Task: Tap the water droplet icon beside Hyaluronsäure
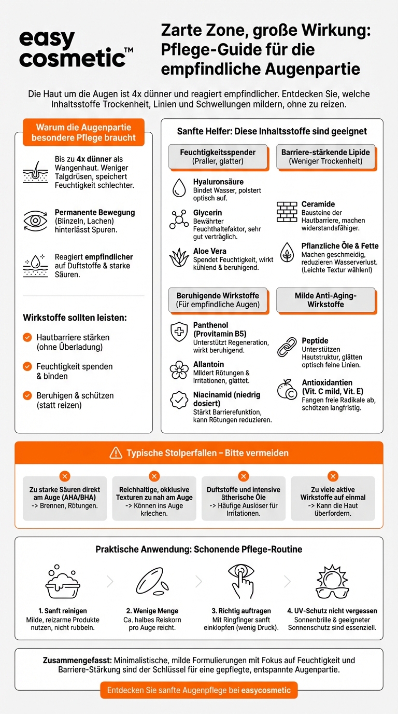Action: click(179, 188)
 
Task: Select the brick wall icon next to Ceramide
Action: click(287, 212)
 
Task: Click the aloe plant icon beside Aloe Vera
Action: click(179, 257)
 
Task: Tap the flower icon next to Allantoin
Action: click(179, 370)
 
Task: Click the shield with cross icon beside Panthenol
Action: click(179, 332)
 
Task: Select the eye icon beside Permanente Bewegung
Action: click(35, 221)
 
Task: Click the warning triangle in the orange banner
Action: click(116, 453)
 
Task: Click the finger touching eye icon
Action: click(241, 580)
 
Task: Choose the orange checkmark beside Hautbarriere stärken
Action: click(27, 338)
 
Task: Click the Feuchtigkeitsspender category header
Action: click(218, 157)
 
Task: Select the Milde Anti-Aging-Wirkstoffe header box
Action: click(325, 300)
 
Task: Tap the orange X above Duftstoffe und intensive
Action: click(244, 476)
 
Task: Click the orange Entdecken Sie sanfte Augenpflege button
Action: click(199, 691)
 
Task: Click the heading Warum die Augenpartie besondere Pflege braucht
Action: click(83, 132)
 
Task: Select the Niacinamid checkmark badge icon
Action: click(179, 400)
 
